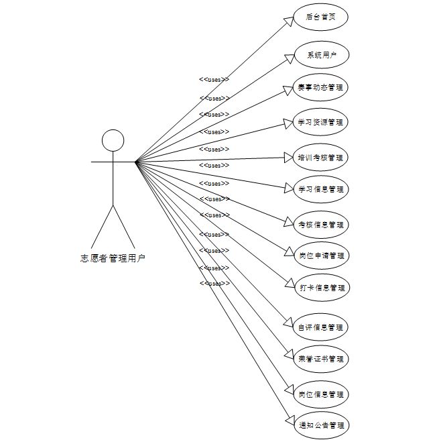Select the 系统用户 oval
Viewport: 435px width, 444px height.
coord(320,56)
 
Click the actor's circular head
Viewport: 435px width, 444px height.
coord(113,140)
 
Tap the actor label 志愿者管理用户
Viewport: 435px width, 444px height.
coord(113,258)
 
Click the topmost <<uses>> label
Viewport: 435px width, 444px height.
coord(214,79)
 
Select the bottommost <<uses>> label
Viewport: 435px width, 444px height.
coord(214,284)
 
